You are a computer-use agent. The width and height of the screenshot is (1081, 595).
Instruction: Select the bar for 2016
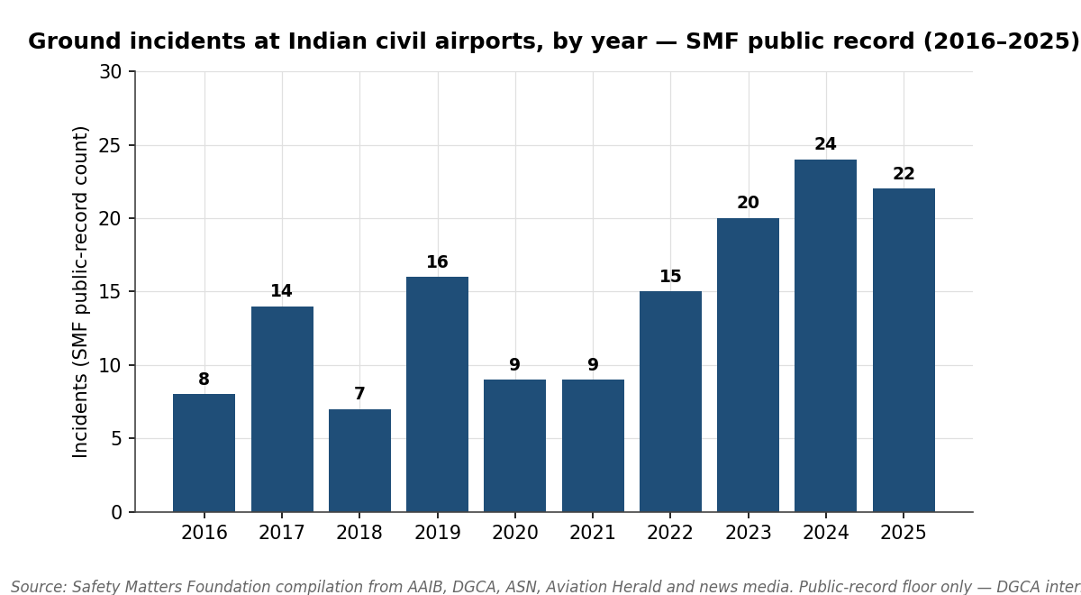[204, 453]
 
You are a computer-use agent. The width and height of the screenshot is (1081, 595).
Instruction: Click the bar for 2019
[437, 394]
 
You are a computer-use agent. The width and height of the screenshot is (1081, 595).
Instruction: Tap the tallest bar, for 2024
[825, 335]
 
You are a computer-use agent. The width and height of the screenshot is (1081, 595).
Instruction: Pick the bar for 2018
[359, 460]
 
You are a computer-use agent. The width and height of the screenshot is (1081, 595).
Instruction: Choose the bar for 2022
[670, 401]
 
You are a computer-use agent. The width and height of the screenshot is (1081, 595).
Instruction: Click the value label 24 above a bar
[825, 144]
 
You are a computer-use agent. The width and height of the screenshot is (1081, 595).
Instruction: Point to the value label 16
[437, 262]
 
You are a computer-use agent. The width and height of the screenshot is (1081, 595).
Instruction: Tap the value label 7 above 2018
[359, 394]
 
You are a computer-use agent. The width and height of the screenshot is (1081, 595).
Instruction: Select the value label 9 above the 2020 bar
[514, 365]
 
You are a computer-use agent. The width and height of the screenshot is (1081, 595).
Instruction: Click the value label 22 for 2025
[904, 174]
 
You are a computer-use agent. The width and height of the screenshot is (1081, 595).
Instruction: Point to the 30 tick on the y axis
[110, 72]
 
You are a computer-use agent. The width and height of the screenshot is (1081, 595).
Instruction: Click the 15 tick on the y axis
[110, 292]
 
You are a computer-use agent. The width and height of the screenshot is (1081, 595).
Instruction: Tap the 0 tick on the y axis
[116, 512]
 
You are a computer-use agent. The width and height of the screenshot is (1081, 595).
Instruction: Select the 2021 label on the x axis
[593, 533]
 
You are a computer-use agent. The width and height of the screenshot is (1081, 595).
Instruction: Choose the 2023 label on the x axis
[748, 533]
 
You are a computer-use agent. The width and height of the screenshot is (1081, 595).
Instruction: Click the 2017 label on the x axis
[282, 533]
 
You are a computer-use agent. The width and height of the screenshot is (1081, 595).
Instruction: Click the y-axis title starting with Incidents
[81, 291]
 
